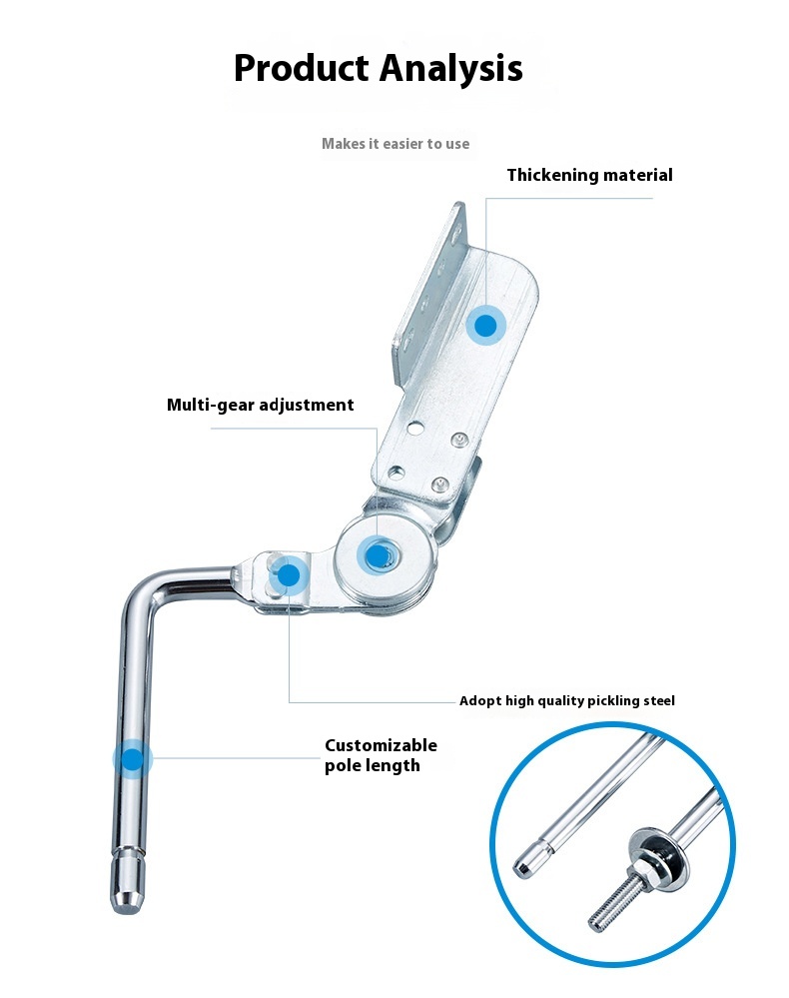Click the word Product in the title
[302, 68]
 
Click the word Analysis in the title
[451, 69]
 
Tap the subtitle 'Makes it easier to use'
[395, 144]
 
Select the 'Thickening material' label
[590, 175]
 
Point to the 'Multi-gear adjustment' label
[261, 405]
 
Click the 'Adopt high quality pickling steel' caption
[567, 700]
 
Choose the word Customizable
[382, 745]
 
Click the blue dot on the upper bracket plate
[486, 326]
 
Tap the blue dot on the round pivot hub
[378, 555]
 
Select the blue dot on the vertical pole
[133, 758]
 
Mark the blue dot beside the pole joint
[289, 575]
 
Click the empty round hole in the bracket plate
[414, 428]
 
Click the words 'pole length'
[373, 765]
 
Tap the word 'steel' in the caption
[658, 700]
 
